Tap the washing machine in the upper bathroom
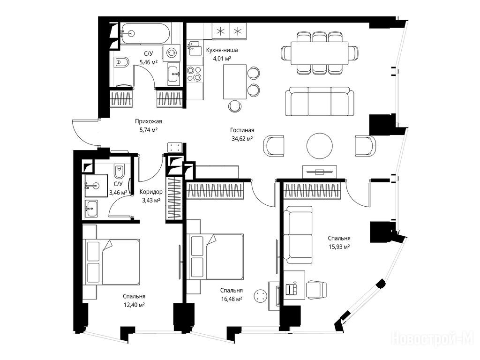coord(172,52)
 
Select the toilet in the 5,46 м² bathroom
coord(122,62)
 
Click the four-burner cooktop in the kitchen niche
coord(195,74)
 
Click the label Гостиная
coord(242,130)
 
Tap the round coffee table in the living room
coord(320,146)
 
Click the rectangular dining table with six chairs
coord(320,53)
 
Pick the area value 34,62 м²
coord(242,139)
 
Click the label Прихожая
coord(149,121)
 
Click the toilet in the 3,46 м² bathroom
coord(119,172)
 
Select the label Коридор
coord(151,192)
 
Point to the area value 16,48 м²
coord(232,299)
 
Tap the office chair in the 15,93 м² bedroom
coord(316,290)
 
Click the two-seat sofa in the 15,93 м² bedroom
coord(298,234)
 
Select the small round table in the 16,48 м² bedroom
coord(261,296)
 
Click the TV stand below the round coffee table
coord(320,172)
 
